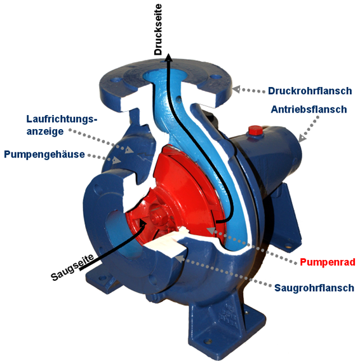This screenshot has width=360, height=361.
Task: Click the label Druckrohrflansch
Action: pos(310,91)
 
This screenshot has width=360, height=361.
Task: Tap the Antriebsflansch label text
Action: pos(309,109)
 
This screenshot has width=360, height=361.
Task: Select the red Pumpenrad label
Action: pos(328,262)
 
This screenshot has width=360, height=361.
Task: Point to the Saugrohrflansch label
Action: pos(314,288)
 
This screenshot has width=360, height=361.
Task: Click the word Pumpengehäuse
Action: pos(44,154)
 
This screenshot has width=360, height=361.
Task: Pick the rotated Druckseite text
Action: pos(158,29)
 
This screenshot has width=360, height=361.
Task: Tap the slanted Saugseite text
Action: pos(72,268)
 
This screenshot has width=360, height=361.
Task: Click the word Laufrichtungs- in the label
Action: pos(62,119)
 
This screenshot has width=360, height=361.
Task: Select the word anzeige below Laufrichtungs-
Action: pos(45,132)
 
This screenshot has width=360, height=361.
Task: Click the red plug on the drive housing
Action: pos(255,130)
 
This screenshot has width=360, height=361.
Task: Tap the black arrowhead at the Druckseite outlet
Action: pos(169,57)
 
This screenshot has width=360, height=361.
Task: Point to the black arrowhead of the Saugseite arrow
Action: pos(143,222)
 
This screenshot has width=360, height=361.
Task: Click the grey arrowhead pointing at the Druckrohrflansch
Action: pos(236,89)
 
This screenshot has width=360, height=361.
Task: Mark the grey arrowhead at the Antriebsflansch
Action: pos(302,138)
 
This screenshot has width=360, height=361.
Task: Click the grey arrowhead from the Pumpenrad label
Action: pos(211,230)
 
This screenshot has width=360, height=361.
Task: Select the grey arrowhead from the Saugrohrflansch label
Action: pos(180,258)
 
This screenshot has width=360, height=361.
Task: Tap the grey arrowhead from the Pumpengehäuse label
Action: pos(117,160)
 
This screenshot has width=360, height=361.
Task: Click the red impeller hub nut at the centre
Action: pos(156,215)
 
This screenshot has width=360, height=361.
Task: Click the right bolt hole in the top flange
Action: pos(216,76)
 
